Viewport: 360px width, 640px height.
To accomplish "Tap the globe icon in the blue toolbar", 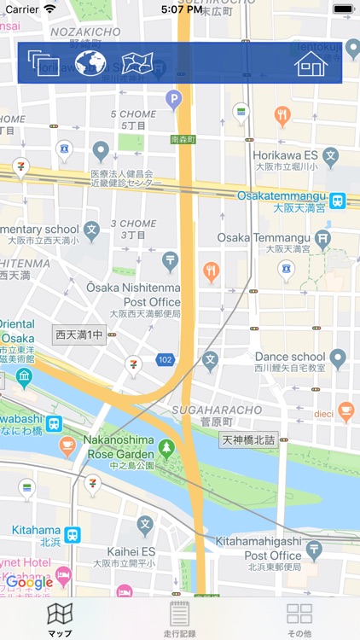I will coord(90,63).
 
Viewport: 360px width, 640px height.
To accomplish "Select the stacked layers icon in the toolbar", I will coord(43,63).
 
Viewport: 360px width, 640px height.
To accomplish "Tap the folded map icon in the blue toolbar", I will coord(136,63).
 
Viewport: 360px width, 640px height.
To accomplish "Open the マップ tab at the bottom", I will coord(60,619).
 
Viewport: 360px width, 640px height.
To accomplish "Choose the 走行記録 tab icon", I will coord(179,619).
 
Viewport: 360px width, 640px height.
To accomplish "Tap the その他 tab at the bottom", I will coord(299,619).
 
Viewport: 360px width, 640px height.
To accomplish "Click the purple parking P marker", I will coord(174,101).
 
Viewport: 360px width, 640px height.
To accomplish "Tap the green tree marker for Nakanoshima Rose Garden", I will coord(165,446).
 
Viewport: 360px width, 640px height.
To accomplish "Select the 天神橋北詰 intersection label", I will coord(249,440).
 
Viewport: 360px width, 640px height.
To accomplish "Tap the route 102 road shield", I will coord(165,360).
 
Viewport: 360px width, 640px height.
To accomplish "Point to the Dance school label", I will coord(291,357).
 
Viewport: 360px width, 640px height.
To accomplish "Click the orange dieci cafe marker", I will coord(345,410).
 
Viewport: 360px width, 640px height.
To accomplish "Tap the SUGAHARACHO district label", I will coord(204,410).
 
